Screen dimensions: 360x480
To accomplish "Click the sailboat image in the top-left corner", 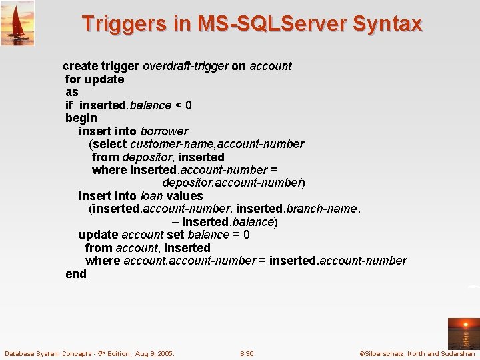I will [17, 23].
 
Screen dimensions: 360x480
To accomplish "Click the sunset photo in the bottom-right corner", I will [463, 333].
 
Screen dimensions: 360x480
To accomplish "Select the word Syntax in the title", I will [387, 24].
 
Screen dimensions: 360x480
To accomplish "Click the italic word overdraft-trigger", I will [185, 66].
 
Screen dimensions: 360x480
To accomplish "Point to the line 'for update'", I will [95, 79].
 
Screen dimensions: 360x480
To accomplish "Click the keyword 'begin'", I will [81, 118].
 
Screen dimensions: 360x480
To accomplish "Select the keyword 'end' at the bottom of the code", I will [76, 273].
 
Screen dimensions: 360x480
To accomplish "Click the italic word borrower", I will [164, 131].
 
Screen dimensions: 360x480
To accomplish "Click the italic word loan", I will [151, 196].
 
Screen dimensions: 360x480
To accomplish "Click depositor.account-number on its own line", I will [233, 183].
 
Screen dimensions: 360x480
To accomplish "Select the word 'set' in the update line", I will [175, 235].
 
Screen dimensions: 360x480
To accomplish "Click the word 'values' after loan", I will [185, 196].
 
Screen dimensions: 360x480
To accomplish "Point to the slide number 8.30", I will [247, 353].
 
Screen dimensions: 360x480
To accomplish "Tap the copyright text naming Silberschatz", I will [417, 353].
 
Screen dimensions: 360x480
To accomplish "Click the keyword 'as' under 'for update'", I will [72, 92].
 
